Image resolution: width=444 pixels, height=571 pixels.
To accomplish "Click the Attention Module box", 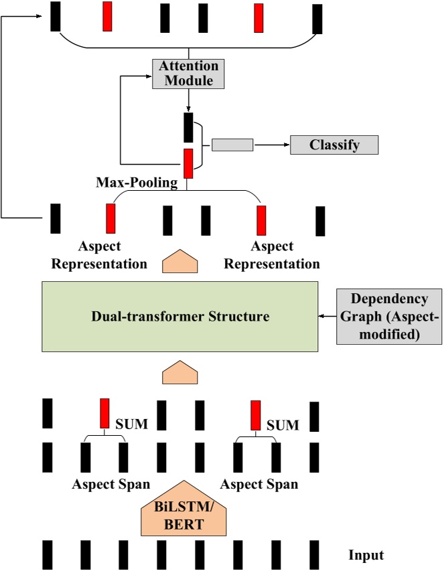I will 188,74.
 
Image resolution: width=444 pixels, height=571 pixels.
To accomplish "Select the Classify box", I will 334,145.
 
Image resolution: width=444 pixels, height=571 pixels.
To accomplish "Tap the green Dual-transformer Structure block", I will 180,316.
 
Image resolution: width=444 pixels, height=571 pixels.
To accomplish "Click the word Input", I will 366,555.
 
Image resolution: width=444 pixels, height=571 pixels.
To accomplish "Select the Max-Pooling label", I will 137,183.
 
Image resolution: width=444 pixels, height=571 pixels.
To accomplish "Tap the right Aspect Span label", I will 259,484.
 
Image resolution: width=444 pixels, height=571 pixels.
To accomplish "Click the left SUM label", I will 132,424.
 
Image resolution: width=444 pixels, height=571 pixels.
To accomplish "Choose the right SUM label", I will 283,424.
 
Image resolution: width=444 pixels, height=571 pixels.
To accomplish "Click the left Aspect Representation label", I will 99,255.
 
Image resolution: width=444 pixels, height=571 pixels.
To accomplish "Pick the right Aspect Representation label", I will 272,255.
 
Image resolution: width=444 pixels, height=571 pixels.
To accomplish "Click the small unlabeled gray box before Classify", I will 232,145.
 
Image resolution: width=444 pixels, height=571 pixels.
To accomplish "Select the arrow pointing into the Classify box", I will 271,145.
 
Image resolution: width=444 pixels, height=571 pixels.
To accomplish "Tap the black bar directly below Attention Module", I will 188,127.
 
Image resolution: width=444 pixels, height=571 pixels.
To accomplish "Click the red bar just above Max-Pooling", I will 188,163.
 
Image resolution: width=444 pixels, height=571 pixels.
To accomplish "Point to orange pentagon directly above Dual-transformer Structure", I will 181,260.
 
